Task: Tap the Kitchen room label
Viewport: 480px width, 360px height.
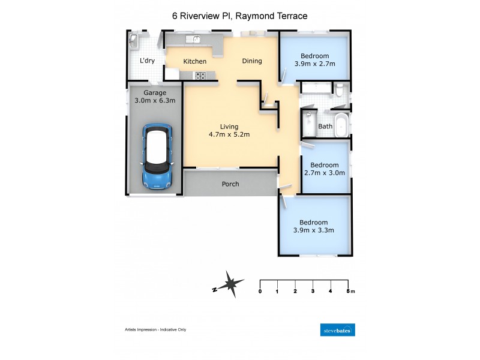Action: (x=195, y=61)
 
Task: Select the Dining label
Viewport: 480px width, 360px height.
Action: (x=252, y=61)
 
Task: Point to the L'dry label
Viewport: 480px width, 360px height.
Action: (x=147, y=61)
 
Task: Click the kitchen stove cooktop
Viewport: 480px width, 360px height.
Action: (x=200, y=76)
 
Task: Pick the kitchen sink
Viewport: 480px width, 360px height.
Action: (x=193, y=40)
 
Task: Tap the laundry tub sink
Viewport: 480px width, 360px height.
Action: (x=133, y=41)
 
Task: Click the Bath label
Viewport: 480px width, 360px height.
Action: (x=325, y=127)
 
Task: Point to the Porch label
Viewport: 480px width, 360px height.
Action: (x=230, y=184)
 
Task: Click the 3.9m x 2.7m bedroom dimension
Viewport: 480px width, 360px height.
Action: (x=314, y=64)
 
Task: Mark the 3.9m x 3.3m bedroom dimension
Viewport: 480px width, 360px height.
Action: (x=314, y=230)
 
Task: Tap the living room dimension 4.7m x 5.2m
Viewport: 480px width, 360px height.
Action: (x=229, y=134)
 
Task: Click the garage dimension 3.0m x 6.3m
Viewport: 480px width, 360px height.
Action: (x=155, y=101)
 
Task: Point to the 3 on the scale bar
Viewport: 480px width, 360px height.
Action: (x=313, y=291)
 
